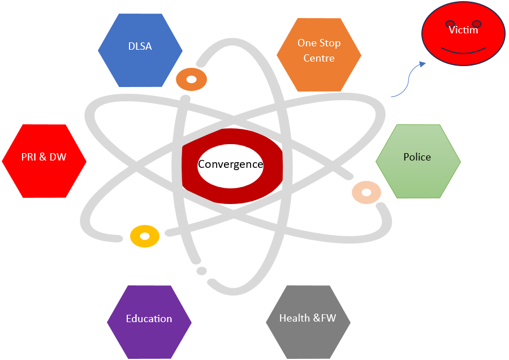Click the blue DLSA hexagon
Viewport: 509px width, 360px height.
pyautogui.click(x=140, y=50)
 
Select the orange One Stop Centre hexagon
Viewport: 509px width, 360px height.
pyautogui.click(x=319, y=55)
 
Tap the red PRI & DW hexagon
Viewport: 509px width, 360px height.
pyautogui.click(x=44, y=161)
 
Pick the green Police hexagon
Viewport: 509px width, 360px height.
pyautogui.click(x=418, y=161)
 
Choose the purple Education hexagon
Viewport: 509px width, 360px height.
pyautogui.click(x=149, y=322)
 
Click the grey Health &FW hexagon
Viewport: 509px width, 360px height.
pyautogui.click(x=308, y=322)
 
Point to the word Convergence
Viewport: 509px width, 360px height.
pyautogui.click(x=231, y=164)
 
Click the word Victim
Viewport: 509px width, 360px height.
pyautogui.click(x=463, y=30)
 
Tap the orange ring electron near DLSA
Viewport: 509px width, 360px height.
pyautogui.click(x=192, y=79)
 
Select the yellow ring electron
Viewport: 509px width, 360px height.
pyautogui.click(x=145, y=236)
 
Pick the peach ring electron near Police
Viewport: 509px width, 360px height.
pyautogui.click(x=366, y=192)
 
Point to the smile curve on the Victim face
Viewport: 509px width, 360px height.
pyautogui.click(x=463, y=52)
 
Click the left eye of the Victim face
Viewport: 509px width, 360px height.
pyautogui.click(x=450, y=23)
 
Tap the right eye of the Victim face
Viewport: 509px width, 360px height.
pyautogui.click(x=477, y=23)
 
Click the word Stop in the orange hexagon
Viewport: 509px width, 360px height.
pyautogui.click(x=330, y=43)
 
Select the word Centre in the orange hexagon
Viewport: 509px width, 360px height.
pyautogui.click(x=319, y=58)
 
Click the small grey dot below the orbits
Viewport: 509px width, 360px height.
pyautogui.click(x=201, y=271)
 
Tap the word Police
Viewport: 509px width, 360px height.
pyautogui.click(x=417, y=157)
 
